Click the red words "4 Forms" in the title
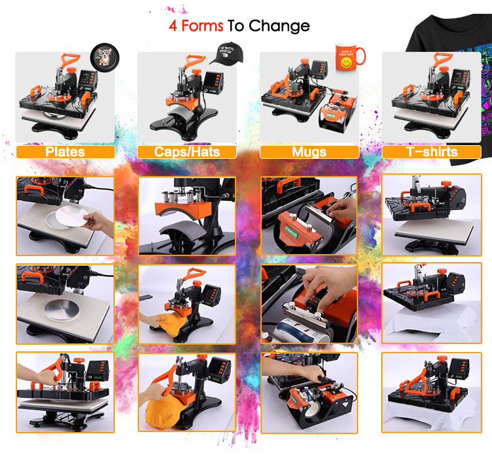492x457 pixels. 196,26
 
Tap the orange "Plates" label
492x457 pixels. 65,152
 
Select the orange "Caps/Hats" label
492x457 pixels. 186,152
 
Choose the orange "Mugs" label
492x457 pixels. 309,152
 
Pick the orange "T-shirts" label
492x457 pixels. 432,152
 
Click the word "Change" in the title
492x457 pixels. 279,26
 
